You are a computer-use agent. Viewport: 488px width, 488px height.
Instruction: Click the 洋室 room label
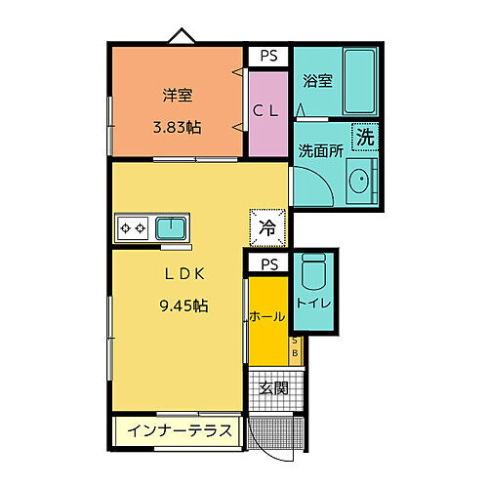[177, 96]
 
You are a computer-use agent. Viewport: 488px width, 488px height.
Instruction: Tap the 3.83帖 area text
[177, 126]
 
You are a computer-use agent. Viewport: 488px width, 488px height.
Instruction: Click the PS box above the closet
[267, 57]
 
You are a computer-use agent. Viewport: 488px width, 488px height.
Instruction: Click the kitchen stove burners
[133, 228]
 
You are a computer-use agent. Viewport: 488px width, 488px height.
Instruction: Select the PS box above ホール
[266, 264]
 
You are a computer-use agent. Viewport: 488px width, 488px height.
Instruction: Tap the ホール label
[266, 317]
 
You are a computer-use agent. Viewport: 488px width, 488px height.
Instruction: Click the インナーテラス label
[177, 430]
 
